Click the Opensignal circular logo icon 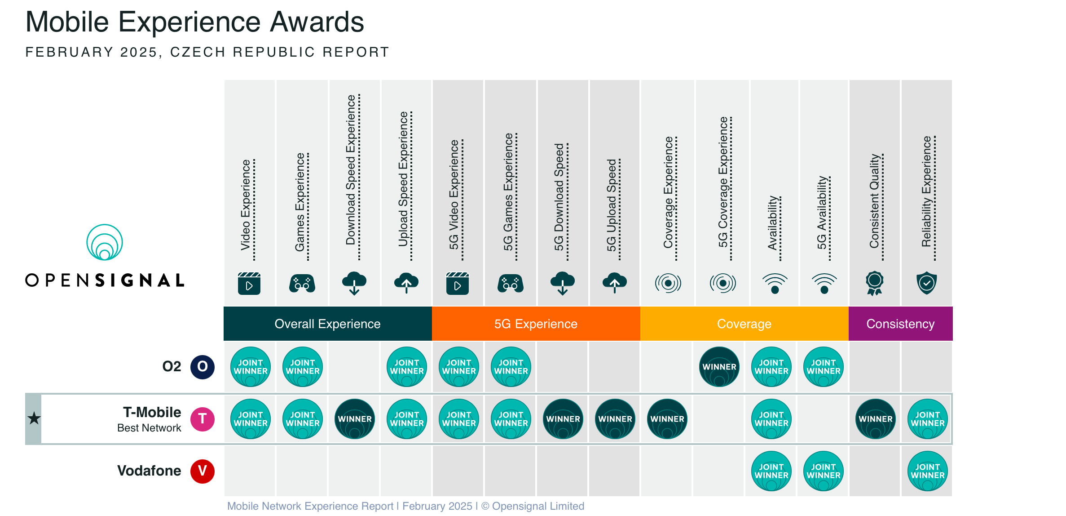click(105, 242)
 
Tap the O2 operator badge click(203, 367)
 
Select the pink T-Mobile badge click(203, 419)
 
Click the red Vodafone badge click(203, 471)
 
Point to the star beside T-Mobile click(34, 418)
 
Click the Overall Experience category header click(327, 324)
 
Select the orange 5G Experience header click(536, 324)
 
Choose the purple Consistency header click(900, 324)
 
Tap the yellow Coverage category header click(744, 324)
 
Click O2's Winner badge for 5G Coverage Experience click(719, 367)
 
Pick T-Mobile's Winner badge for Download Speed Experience click(355, 419)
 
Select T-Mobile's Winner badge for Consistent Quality click(876, 419)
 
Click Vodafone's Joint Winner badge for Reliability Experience click(928, 471)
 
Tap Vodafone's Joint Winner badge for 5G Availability click(824, 471)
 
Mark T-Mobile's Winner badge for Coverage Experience click(667, 419)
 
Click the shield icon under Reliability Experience click(927, 283)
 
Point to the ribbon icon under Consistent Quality click(875, 283)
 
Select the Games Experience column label click(300, 202)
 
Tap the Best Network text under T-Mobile click(149, 428)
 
